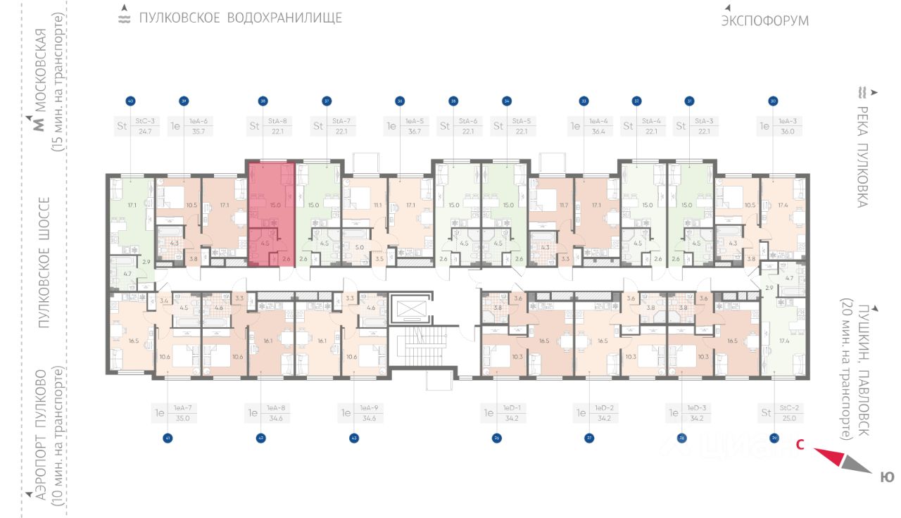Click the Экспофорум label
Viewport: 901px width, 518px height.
pyautogui.click(x=764, y=21)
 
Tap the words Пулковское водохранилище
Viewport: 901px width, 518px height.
pyautogui.click(x=240, y=18)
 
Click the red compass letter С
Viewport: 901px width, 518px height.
pyautogui.click(x=800, y=444)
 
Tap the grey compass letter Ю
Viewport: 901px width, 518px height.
pyautogui.click(x=887, y=478)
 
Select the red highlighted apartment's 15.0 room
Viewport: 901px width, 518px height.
pyautogui.click(x=275, y=205)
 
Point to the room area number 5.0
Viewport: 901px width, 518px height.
pyautogui.click(x=359, y=247)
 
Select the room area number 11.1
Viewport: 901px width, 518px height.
pyautogui.click(x=377, y=205)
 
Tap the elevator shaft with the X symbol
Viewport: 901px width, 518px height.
pyautogui.click(x=412, y=309)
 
